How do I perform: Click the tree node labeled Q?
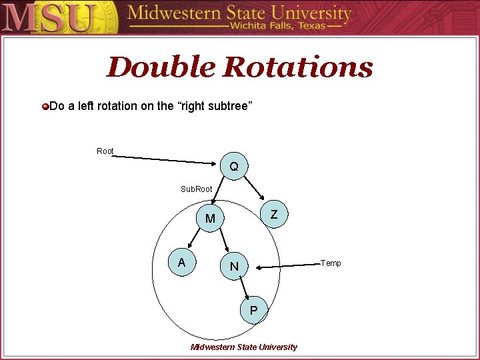click(x=234, y=166)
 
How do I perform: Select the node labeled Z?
click(x=274, y=214)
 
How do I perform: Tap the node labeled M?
click(x=210, y=219)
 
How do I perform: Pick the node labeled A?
click(x=181, y=263)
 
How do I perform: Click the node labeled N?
click(x=234, y=267)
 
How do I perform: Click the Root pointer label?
click(x=105, y=151)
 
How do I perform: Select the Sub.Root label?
click(x=197, y=189)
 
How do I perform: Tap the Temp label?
click(x=331, y=263)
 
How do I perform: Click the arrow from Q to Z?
click(x=258, y=187)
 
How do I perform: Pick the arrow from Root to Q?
click(x=167, y=159)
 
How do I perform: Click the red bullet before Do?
click(x=45, y=107)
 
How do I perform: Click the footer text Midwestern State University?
click(x=244, y=347)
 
